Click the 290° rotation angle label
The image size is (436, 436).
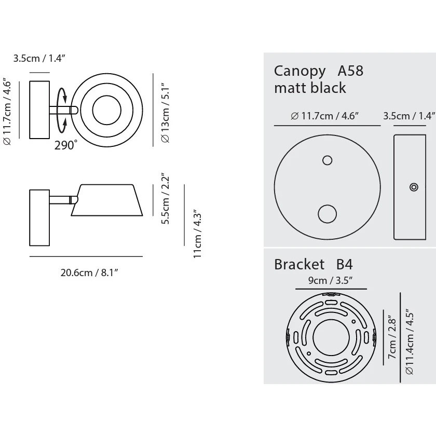tap(65, 145)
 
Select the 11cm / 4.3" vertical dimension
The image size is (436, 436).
tap(198, 234)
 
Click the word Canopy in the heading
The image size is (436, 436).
tap(300, 71)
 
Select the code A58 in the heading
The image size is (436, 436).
tap(350, 71)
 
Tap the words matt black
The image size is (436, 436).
tap(310, 88)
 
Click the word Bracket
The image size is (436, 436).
tap(299, 265)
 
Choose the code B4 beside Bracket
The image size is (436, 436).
tap(345, 265)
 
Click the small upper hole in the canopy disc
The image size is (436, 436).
tap(327, 160)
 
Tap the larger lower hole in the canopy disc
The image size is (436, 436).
tap(327, 213)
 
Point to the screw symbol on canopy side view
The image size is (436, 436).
tap(414, 187)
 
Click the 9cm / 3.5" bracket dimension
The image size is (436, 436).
tap(331, 281)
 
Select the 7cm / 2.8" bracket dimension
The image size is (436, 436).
tap(392, 340)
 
